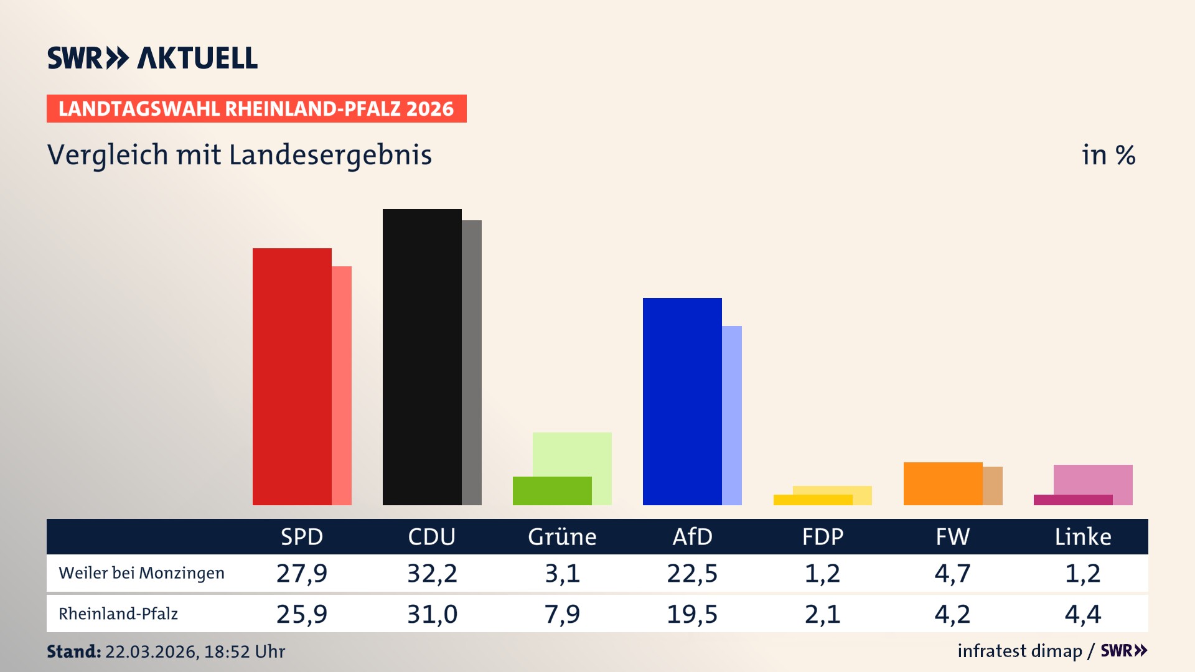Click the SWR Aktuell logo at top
(x=152, y=58)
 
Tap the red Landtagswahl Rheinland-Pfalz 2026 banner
(x=256, y=108)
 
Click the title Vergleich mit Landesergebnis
(x=239, y=155)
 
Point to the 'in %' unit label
(x=1108, y=155)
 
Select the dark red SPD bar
(x=291, y=376)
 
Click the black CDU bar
(x=421, y=357)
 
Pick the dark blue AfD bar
(x=682, y=401)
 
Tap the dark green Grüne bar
(x=551, y=491)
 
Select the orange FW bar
(x=942, y=483)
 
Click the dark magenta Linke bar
(x=1072, y=500)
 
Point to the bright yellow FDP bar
(x=812, y=500)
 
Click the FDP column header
(x=822, y=536)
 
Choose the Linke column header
(x=1082, y=536)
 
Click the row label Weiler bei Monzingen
(x=141, y=573)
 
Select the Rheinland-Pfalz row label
(x=118, y=614)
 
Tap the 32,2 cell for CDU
(x=432, y=573)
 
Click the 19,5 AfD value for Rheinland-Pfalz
(x=692, y=614)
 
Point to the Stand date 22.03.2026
(x=151, y=651)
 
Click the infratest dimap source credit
(x=1019, y=651)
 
